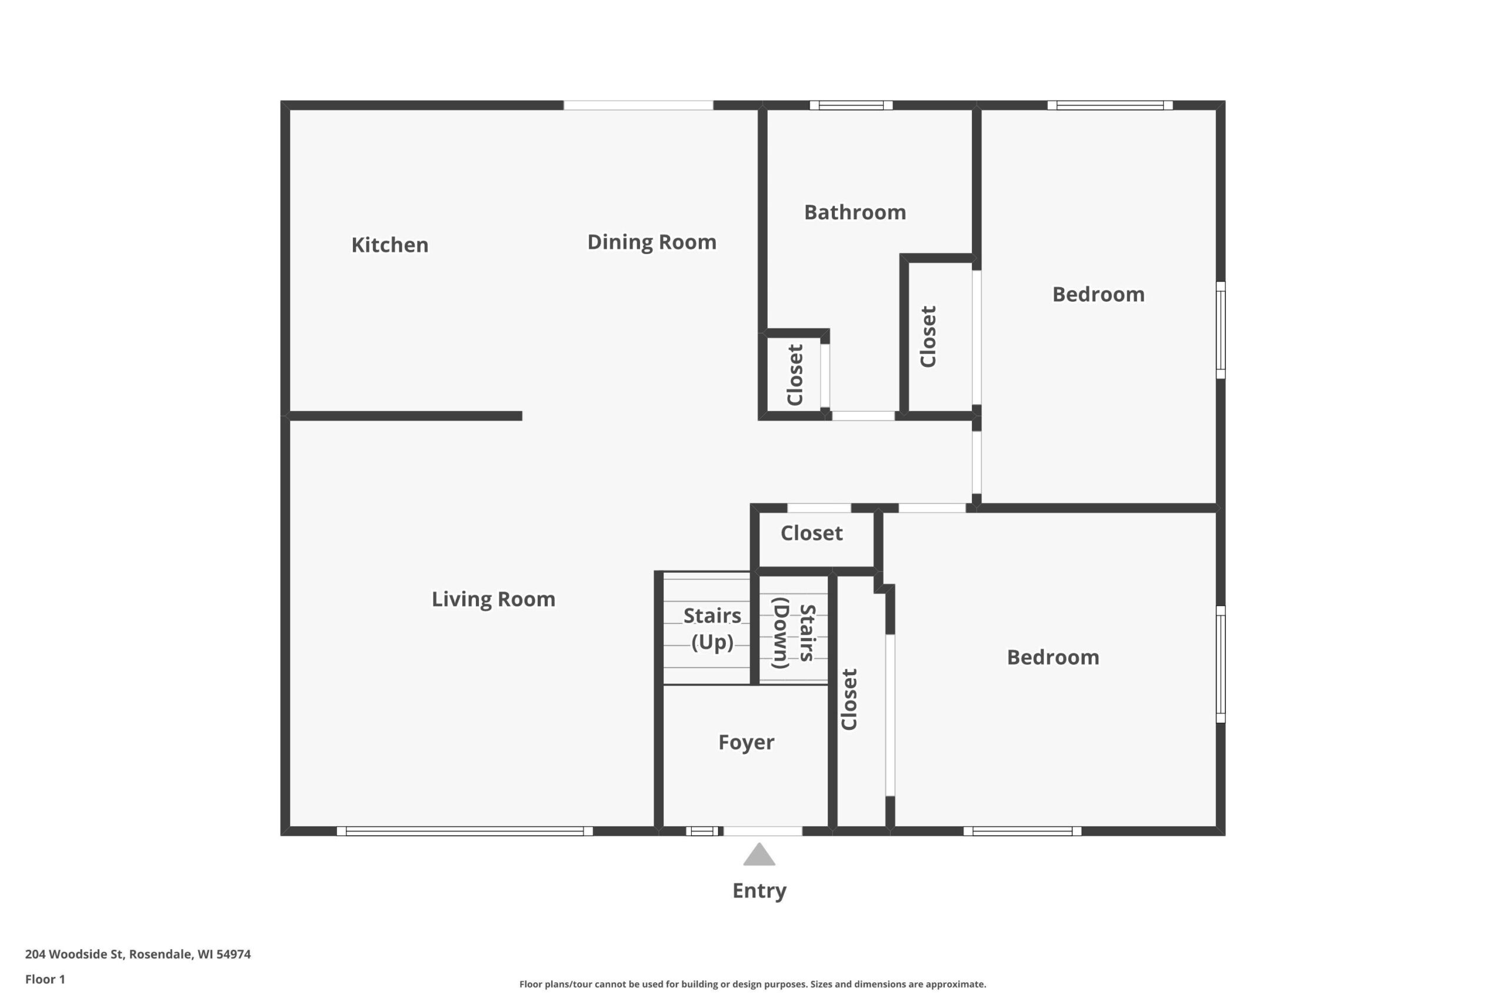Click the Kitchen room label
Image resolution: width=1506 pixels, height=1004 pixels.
click(x=389, y=245)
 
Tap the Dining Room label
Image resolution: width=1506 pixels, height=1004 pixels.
click(x=651, y=242)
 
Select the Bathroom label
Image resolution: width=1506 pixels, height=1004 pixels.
click(x=855, y=212)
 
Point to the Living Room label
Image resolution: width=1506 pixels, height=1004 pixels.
click(x=493, y=599)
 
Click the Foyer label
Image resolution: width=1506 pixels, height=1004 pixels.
click(x=746, y=742)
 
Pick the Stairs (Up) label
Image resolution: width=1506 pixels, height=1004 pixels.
click(x=712, y=629)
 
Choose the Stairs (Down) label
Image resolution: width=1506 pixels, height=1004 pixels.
click(x=794, y=633)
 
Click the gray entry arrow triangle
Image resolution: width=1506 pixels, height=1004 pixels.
click(x=759, y=855)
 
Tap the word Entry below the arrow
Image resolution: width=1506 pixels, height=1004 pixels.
click(x=759, y=890)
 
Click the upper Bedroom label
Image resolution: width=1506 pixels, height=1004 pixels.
click(x=1098, y=295)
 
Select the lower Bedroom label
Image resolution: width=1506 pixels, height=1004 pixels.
click(x=1052, y=658)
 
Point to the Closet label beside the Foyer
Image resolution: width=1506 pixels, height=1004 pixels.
click(x=849, y=699)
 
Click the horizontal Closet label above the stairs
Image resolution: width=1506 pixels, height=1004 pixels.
click(x=811, y=533)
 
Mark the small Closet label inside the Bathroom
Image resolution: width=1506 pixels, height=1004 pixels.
click(x=795, y=375)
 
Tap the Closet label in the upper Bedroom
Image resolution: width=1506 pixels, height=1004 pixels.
click(x=928, y=336)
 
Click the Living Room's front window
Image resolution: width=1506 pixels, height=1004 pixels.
click(x=465, y=831)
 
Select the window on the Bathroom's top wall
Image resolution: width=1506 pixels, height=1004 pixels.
click(x=851, y=106)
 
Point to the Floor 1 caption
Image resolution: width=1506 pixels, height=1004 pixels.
click(x=45, y=979)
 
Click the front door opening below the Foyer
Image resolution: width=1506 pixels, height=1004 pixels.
click(x=762, y=831)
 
